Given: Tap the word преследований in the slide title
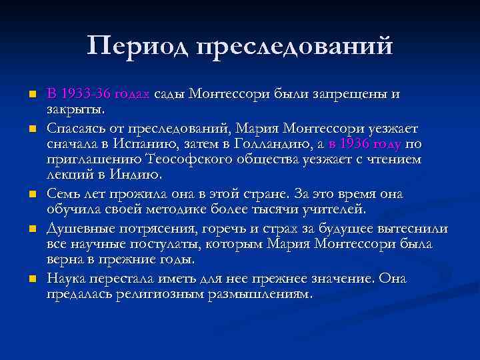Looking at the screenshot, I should tap(294, 47).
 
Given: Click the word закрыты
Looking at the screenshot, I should tap(75, 109).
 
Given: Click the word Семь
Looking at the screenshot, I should tap(65, 194).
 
